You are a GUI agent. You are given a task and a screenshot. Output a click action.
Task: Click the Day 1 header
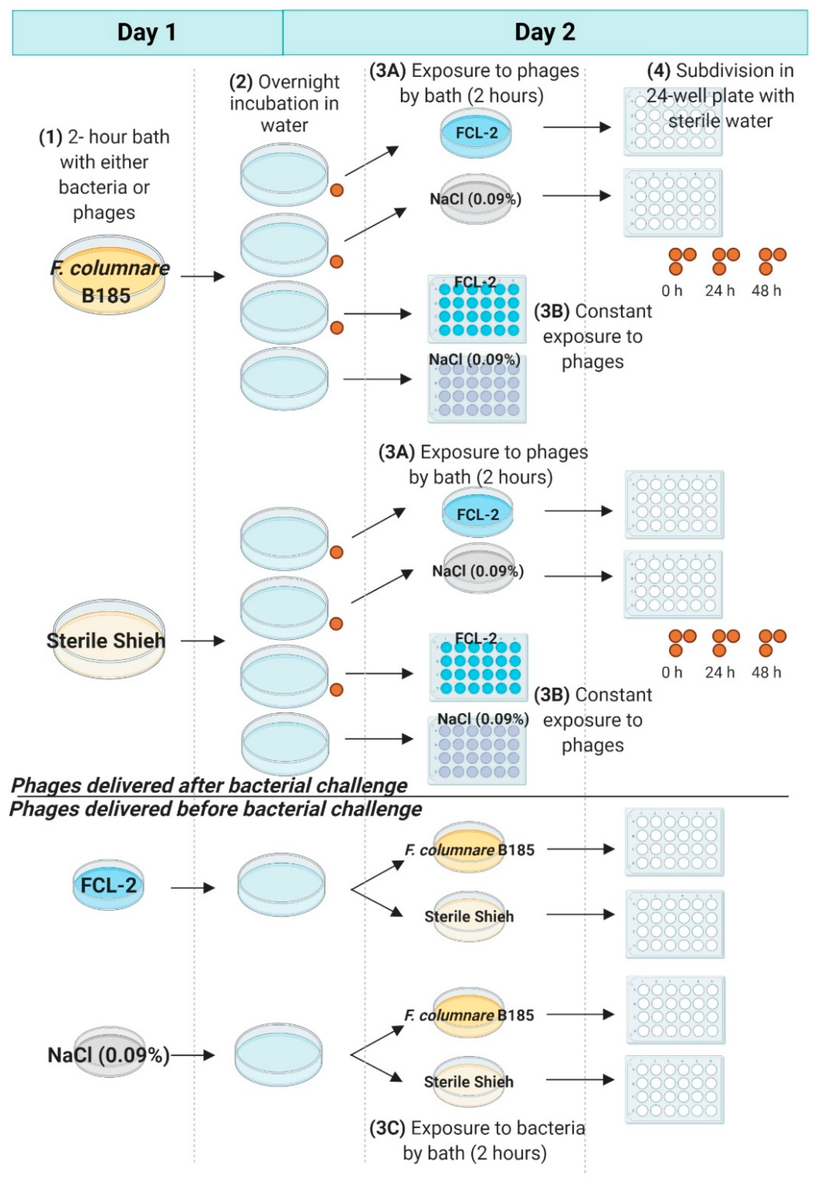147,32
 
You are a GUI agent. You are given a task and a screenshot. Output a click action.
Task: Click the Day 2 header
545,32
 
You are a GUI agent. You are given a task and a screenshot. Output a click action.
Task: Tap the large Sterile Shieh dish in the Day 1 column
109,639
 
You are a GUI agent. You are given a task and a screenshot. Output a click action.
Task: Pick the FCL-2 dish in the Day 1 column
108,884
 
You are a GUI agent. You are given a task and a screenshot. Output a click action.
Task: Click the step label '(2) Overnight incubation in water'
284,103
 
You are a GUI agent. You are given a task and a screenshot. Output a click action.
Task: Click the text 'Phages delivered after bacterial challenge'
209,785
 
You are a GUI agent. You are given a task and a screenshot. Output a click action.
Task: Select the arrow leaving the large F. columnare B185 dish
203,277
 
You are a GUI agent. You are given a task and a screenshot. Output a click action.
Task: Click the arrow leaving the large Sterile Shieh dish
203,641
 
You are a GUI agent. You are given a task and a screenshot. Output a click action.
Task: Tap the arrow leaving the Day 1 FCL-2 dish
192,888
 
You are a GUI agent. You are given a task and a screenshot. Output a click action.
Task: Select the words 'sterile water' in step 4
720,121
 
